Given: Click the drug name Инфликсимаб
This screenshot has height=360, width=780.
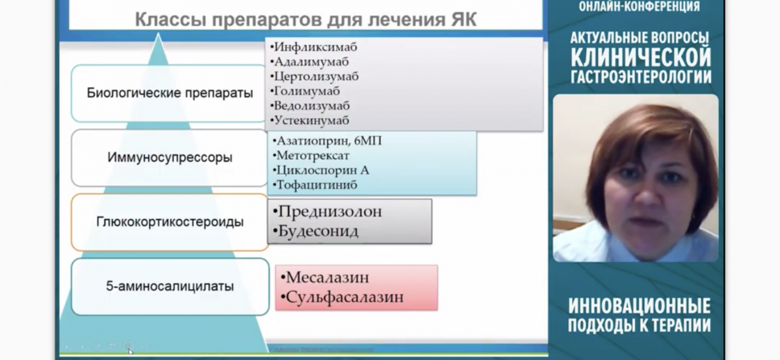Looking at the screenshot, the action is (315, 47).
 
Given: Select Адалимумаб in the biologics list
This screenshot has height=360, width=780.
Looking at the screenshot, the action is (311, 62).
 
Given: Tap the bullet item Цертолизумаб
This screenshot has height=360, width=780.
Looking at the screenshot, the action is (316, 77).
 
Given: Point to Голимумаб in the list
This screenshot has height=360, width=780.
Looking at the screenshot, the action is (307, 91).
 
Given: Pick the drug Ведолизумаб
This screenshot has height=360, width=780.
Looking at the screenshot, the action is (311, 106).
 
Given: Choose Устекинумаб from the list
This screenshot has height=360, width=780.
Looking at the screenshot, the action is (311, 120).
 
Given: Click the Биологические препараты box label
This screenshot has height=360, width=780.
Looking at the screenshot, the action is (170, 94).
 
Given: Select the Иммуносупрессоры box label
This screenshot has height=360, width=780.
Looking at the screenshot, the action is (170, 157).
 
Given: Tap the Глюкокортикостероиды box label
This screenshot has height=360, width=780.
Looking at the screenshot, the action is (170, 222).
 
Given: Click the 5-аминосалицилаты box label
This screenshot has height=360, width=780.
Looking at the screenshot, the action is (170, 286).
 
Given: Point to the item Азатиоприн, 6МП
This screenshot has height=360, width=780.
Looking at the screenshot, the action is (329, 140).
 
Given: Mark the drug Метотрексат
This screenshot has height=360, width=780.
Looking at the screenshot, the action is (313, 155).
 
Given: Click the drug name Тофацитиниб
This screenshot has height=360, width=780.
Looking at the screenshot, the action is (317, 185).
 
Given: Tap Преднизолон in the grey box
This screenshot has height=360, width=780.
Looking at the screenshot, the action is (330, 212).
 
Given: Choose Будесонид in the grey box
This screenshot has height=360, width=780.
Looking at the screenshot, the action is (318, 231).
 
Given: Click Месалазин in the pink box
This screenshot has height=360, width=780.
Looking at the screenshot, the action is (328, 277).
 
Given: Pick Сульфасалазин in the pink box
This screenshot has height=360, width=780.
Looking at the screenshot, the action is (344, 297).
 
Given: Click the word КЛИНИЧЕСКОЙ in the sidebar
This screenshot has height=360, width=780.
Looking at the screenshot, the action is (641, 57).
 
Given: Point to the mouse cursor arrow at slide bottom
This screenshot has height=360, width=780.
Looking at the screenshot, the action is (130, 352).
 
